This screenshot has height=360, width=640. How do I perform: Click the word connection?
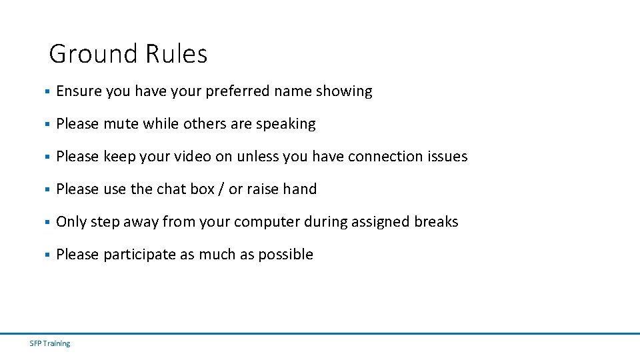click(385, 157)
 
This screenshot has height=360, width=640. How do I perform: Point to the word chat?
click(171, 189)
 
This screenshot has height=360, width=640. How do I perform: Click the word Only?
click(71, 222)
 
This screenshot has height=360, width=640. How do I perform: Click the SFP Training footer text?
click(50, 343)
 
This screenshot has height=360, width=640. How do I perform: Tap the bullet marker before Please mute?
click(47, 125)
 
